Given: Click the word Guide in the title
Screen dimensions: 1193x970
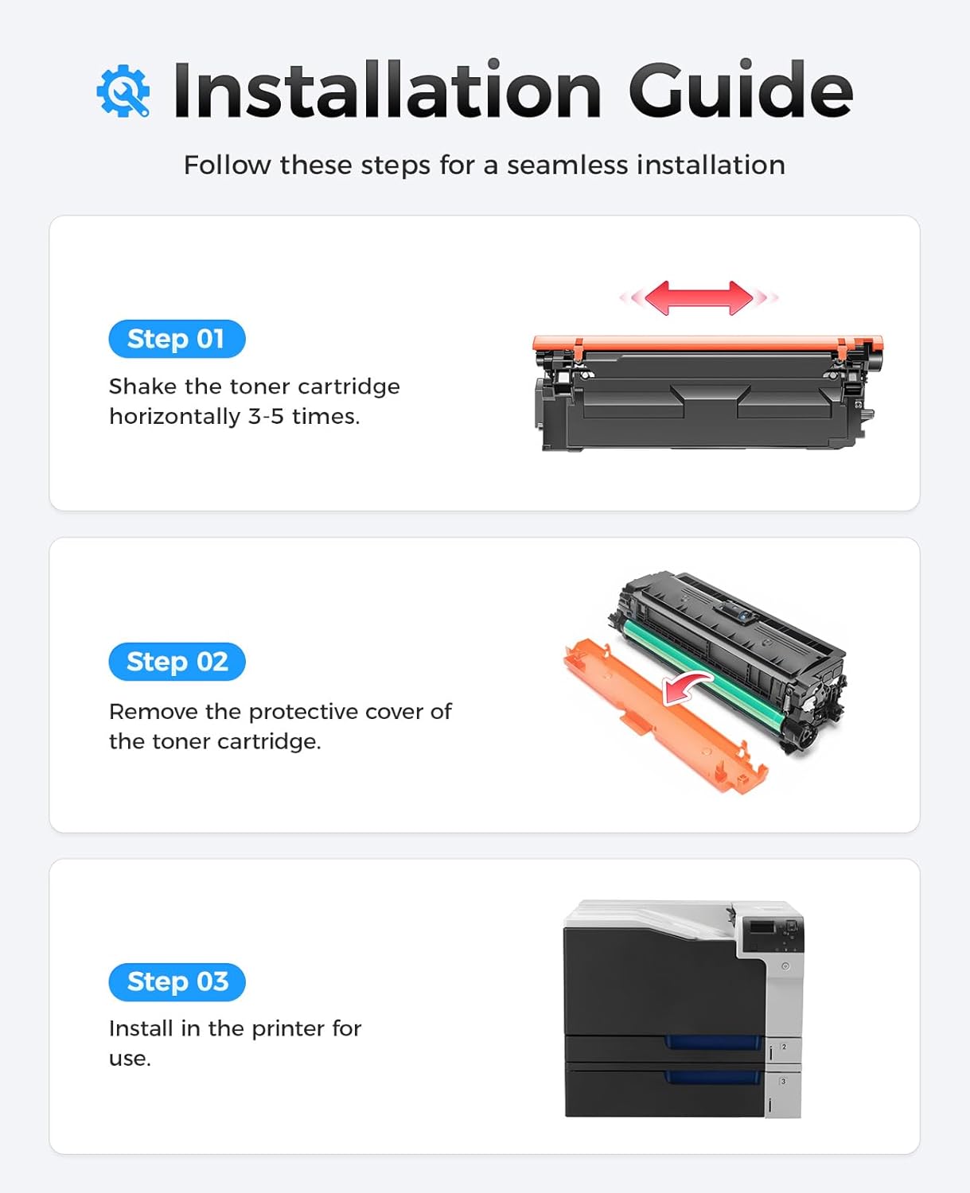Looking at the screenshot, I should point(740,91).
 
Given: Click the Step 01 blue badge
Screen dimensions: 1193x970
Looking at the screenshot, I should point(177,340).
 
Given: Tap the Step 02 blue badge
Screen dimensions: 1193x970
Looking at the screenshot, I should point(177,662).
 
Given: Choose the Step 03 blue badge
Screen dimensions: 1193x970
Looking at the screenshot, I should point(177,982).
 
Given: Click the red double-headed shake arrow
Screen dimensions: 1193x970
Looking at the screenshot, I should point(699,298).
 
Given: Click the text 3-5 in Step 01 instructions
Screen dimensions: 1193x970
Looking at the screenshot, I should point(265,417).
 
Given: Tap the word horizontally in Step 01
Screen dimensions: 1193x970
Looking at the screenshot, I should point(174,417).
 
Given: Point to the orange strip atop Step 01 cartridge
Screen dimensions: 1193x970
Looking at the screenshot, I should point(707,344).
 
